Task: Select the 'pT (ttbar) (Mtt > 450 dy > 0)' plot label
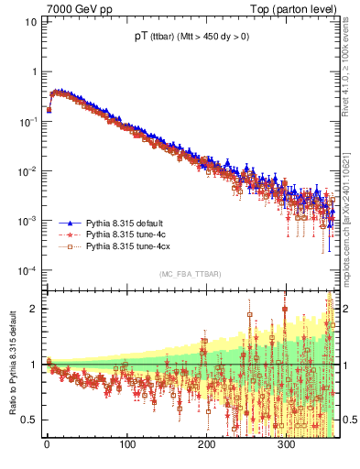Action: coord(189,38)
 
